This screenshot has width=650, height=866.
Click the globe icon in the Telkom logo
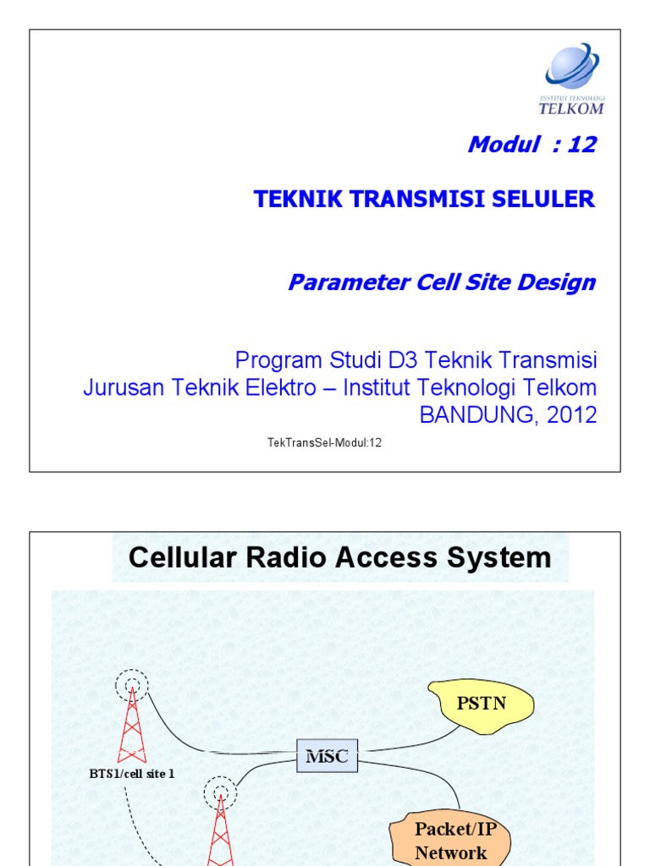pyautogui.click(x=571, y=68)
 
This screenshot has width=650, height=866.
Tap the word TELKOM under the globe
pyautogui.click(x=571, y=108)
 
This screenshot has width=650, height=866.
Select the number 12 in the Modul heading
pyautogui.click(x=582, y=145)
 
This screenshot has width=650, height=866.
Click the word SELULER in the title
pyautogui.click(x=549, y=200)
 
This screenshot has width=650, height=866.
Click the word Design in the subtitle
pyautogui.click(x=559, y=282)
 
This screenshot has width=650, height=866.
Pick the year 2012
pyautogui.click(x=570, y=415)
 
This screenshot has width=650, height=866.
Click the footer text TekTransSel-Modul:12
pyautogui.click(x=324, y=443)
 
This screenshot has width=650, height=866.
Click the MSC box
pyautogui.click(x=327, y=756)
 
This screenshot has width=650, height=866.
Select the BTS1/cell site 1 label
pyautogui.click(x=132, y=773)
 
